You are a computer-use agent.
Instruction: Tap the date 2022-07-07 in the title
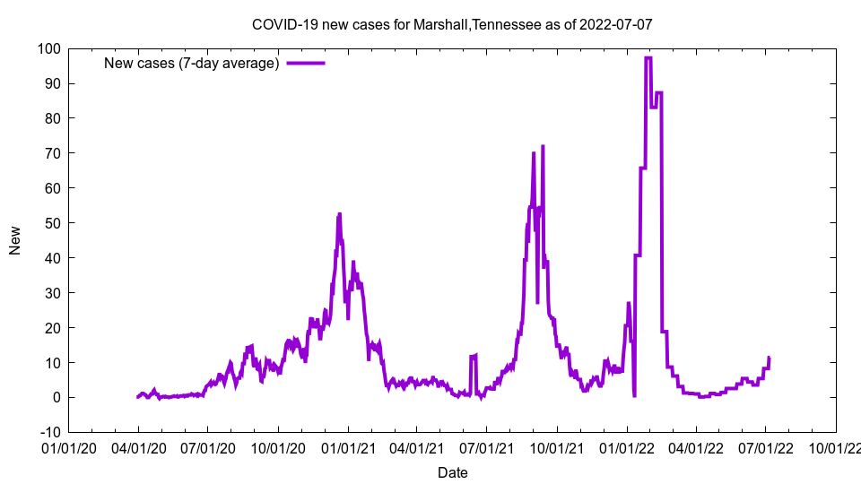pyautogui.click(x=615, y=24)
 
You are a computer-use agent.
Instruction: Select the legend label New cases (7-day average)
pyautogui.click(x=192, y=63)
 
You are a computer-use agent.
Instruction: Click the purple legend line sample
pyautogui.click(x=305, y=63)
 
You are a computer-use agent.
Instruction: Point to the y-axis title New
pyautogui.click(x=15, y=239)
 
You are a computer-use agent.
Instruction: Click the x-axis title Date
pyautogui.click(x=452, y=472)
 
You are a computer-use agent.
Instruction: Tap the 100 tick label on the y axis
pyautogui.click(x=50, y=48)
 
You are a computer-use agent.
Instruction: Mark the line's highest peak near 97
pyautogui.click(x=648, y=58)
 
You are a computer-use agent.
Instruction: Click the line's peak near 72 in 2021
pyautogui.click(x=543, y=146)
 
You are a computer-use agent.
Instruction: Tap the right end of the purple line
pyautogui.click(x=769, y=359)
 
